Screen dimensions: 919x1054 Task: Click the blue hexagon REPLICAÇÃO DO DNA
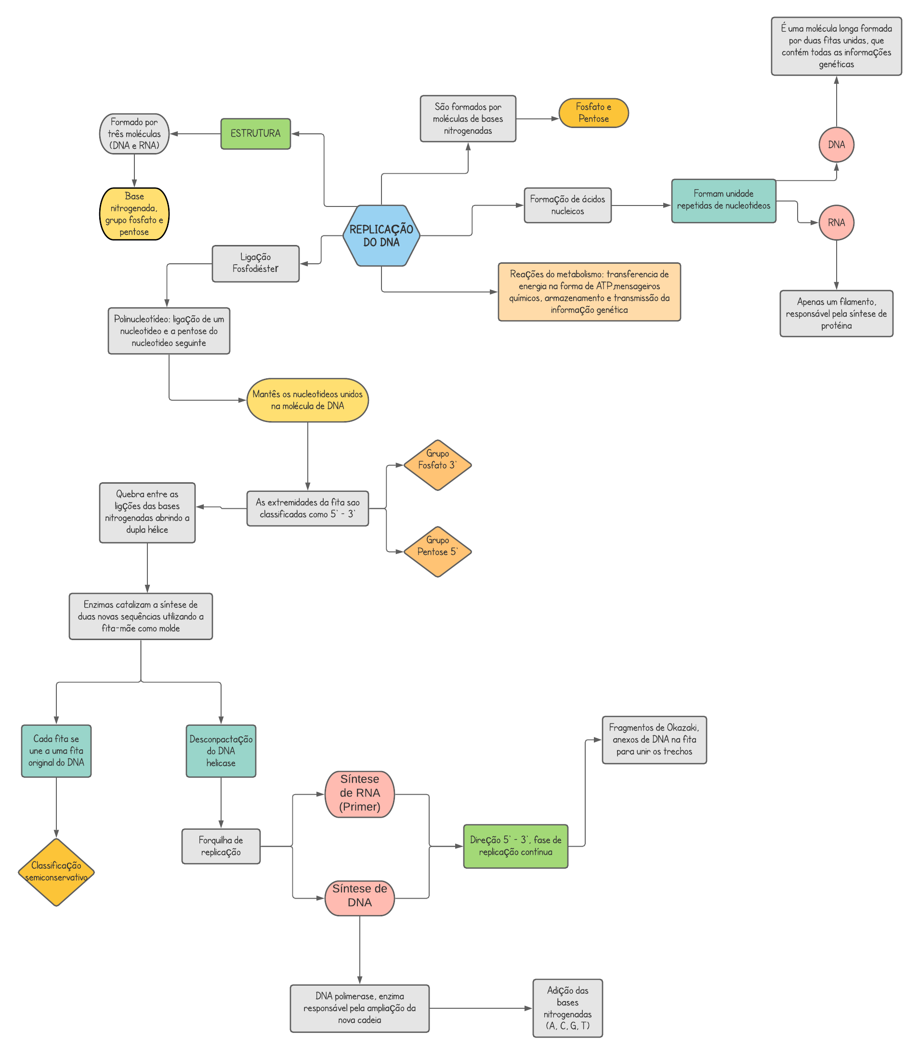(381, 236)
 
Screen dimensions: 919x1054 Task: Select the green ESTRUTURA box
(255, 134)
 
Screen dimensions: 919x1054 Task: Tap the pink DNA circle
(836, 144)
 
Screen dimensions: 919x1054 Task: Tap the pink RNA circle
(836, 222)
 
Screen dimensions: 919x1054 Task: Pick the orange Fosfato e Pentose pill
(593, 113)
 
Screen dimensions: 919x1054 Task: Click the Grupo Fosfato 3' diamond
(437, 465)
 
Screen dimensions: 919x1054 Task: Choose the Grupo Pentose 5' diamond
(437, 552)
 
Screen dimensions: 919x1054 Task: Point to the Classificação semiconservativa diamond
(56, 872)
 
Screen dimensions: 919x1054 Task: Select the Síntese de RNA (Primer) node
(359, 794)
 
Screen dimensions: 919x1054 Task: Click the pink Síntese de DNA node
(359, 898)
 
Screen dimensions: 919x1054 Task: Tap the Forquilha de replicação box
(221, 846)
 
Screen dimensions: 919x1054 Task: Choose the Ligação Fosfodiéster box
(255, 263)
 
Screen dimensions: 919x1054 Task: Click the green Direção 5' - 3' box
(515, 846)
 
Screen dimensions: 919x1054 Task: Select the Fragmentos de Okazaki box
(654, 739)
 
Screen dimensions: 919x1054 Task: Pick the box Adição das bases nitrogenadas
(567, 1008)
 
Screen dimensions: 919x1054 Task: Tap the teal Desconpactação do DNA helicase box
(221, 751)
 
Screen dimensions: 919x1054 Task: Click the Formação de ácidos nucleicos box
(567, 205)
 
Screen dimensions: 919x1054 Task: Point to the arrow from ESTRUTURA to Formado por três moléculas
(196, 134)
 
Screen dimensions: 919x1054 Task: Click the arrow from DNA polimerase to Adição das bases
(481, 1008)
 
